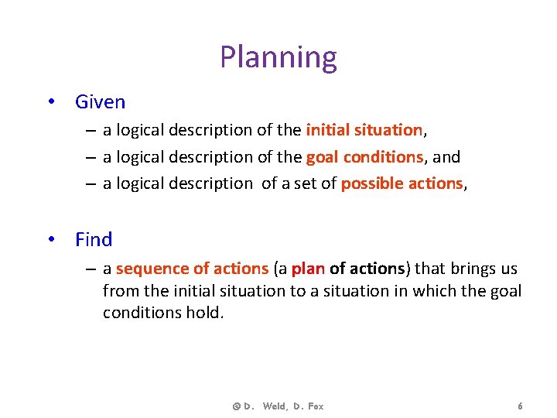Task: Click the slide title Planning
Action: [x=278, y=57]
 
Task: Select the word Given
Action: [x=100, y=101]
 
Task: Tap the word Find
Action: [x=94, y=239]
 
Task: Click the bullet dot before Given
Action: [x=50, y=101]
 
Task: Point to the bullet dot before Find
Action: [x=50, y=239]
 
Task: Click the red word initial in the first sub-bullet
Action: [x=326, y=129]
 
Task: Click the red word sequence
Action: [x=152, y=269]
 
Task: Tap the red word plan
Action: [x=309, y=269]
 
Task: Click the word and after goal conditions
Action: [x=446, y=157]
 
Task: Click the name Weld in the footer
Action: [x=275, y=406]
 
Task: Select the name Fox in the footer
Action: [x=314, y=406]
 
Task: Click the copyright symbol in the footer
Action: [x=235, y=406]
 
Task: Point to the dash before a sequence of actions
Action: [x=91, y=269]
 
